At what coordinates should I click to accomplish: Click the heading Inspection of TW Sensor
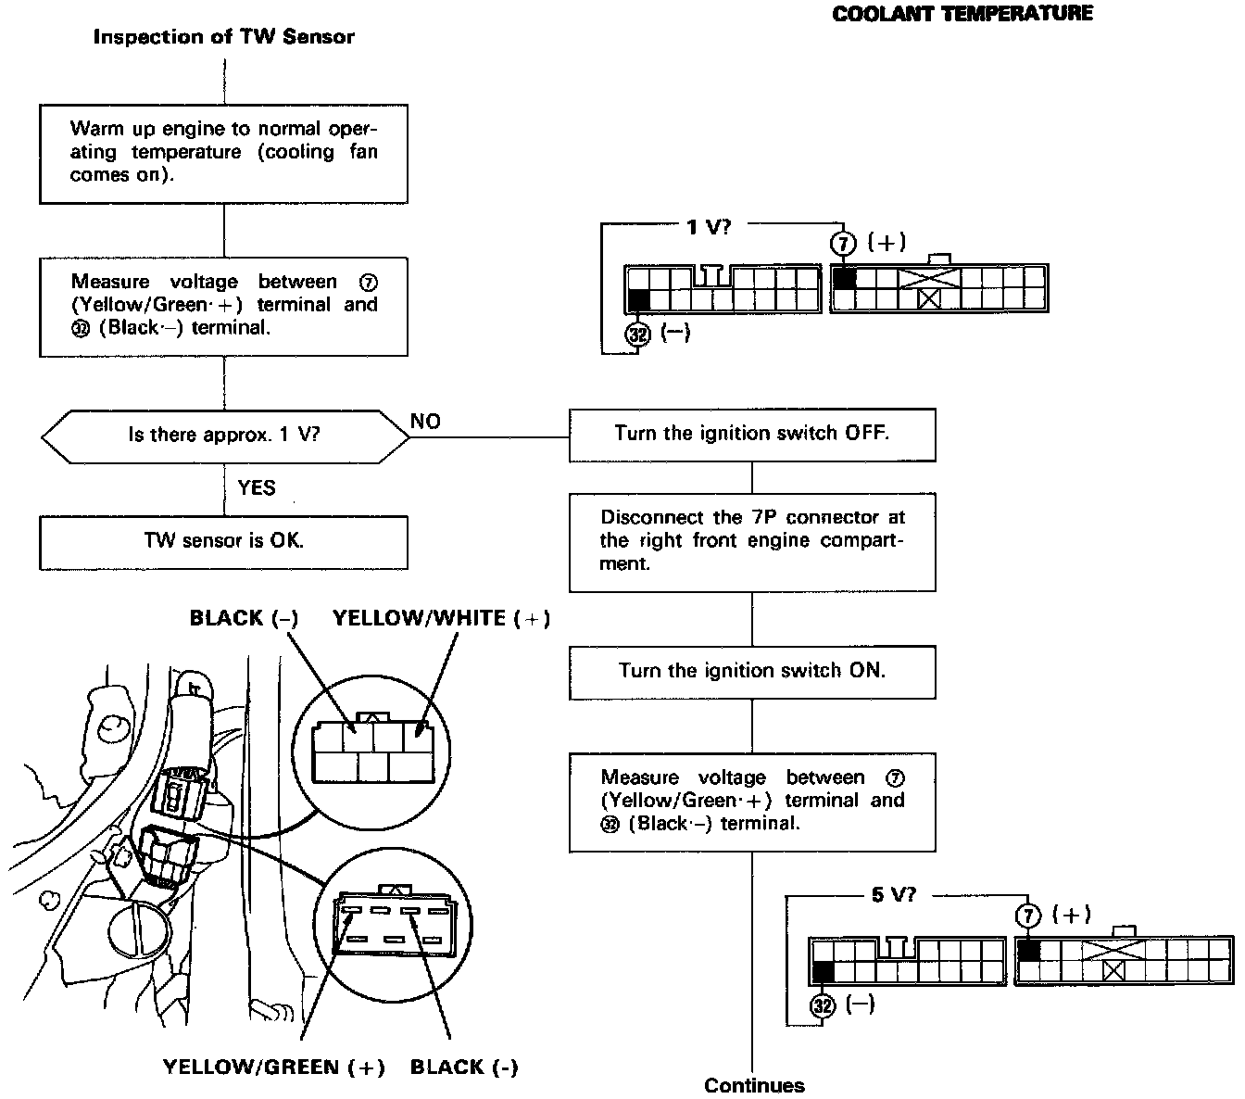pyautogui.click(x=223, y=37)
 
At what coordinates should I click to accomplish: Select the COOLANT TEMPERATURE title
pyautogui.click(x=962, y=14)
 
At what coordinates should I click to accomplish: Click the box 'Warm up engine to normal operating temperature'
pyautogui.click(x=223, y=153)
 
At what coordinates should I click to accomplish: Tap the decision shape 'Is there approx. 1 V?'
pyautogui.click(x=224, y=435)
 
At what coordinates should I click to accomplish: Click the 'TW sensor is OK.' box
pyautogui.click(x=223, y=541)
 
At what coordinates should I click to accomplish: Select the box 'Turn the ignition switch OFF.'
pyautogui.click(x=751, y=434)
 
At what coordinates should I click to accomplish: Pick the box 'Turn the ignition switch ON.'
pyautogui.click(x=751, y=671)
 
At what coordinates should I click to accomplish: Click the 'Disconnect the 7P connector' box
pyautogui.click(x=751, y=541)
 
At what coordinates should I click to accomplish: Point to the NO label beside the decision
pyautogui.click(x=425, y=422)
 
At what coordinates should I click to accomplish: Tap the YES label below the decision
pyautogui.click(x=257, y=487)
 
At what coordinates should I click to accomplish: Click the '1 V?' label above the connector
pyautogui.click(x=708, y=226)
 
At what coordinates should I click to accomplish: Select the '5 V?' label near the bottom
pyautogui.click(x=893, y=896)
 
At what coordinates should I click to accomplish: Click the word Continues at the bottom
pyautogui.click(x=754, y=1085)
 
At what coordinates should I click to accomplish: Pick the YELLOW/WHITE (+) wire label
pyautogui.click(x=441, y=618)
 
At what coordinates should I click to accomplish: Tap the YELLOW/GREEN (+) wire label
pyautogui.click(x=274, y=1067)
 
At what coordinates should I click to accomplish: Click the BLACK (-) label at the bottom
pyautogui.click(x=464, y=1067)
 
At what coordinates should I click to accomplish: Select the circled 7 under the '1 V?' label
pyautogui.click(x=843, y=244)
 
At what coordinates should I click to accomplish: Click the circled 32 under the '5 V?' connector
pyautogui.click(x=823, y=1005)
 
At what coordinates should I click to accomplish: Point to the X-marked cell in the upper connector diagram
pyautogui.click(x=928, y=298)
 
